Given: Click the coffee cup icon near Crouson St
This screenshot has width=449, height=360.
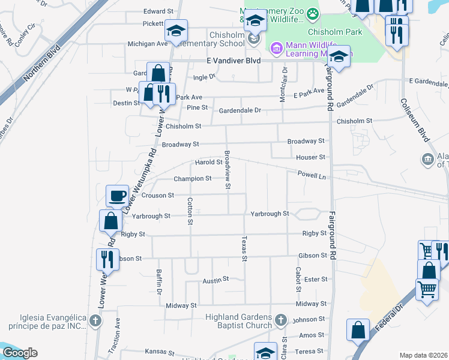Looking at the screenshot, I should click(118, 196).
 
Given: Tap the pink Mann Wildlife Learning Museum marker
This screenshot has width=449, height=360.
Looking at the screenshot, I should click(276, 47).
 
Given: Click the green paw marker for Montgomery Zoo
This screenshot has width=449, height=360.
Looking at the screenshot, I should click(312, 13).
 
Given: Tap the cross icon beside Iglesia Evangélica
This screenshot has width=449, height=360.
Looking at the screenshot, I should click(94, 321).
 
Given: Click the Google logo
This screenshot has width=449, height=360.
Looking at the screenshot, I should click(20, 352).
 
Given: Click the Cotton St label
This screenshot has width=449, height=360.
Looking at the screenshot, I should click(190, 211).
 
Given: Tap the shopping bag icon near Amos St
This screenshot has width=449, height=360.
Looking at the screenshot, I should click(358, 329).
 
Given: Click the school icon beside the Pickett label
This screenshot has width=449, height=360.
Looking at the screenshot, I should click(176, 31).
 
